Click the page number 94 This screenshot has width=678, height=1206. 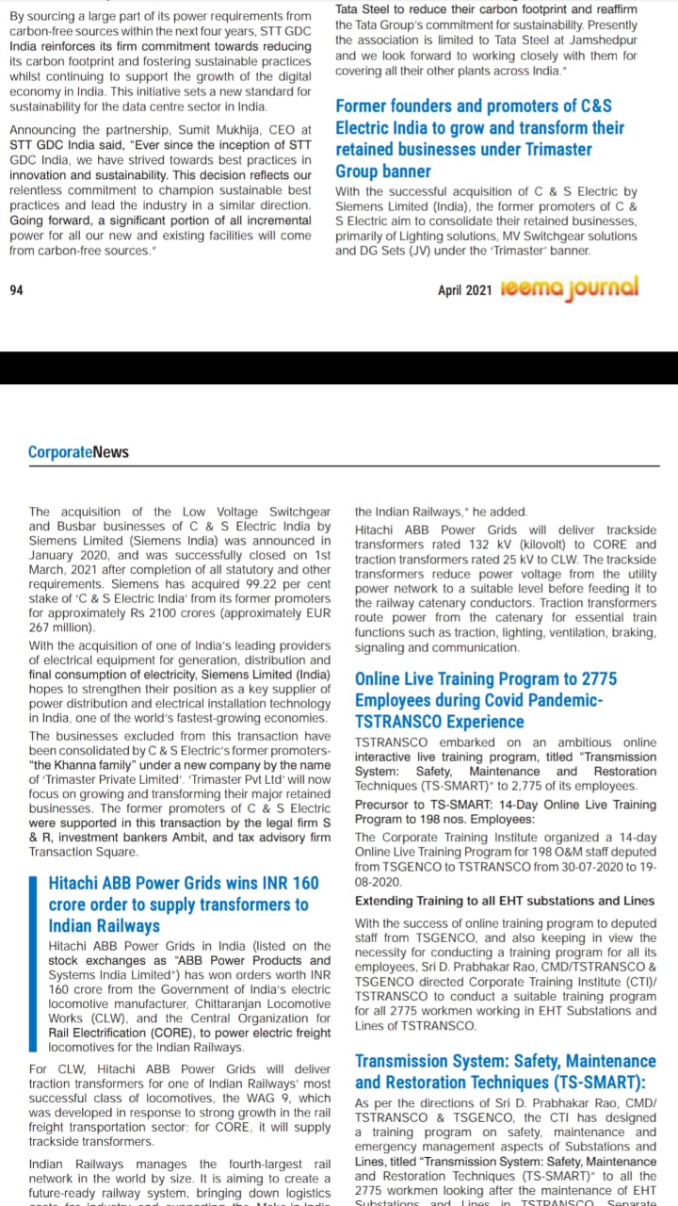[x=16, y=290]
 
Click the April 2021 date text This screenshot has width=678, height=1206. [x=464, y=291]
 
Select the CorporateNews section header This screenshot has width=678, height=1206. [x=78, y=452]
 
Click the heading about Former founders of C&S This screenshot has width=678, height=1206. [x=480, y=139]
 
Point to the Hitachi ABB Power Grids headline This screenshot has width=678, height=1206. [x=184, y=904]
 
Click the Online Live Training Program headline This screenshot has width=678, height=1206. [x=486, y=700]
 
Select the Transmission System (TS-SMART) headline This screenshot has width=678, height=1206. [x=505, y=1071]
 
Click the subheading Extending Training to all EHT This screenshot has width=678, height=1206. [x=505, y=901]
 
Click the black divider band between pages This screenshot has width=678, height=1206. [x=339, y=367]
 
